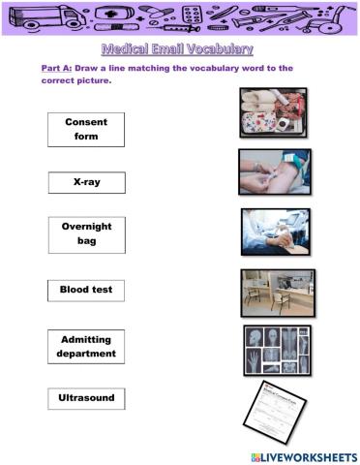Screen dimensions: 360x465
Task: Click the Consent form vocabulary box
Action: tap(86, 130)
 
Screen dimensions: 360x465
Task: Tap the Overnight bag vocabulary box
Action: tap(86, 233)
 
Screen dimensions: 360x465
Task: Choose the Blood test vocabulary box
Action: tap(86, 289)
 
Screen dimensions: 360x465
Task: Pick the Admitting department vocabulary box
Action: tap(86, 346)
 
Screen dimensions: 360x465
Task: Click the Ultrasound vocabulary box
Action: tap(86, 397)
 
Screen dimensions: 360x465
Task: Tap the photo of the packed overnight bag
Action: tap(273, 112)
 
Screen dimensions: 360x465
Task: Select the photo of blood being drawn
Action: tap(274, 171)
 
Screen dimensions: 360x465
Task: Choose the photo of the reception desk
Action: tap(278, 293)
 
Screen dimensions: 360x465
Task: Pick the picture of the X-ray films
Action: tap(277, 350)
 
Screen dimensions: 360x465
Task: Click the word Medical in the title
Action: tap(127, 48)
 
